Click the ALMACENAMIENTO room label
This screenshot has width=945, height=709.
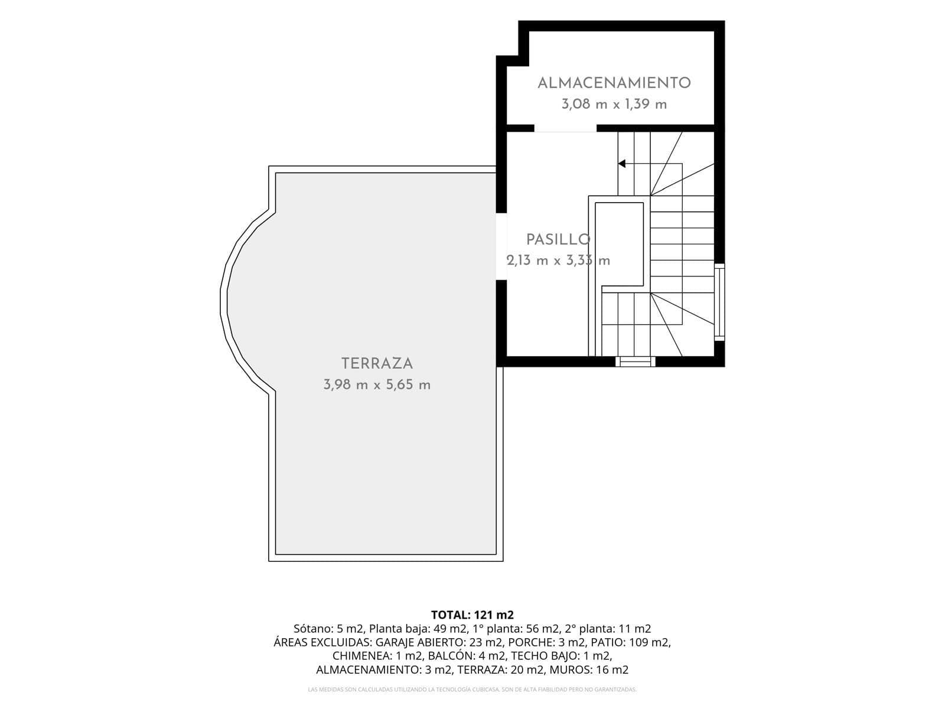pos(614,83)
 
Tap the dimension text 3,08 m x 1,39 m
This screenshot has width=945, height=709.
pos(614,104)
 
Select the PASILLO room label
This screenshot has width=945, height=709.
pos(558,239)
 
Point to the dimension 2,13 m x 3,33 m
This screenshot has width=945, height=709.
pos(558,261)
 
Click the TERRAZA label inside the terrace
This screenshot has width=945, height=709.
pos(377,364)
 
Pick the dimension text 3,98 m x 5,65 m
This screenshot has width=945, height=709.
pos(377,385)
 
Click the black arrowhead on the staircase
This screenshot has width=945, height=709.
pos(622,164)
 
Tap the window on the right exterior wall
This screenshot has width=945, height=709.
pos(719,302)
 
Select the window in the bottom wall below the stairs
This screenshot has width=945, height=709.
pos(635,362)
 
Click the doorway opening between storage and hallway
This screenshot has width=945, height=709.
pos(565,128)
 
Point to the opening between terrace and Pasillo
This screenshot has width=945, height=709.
pos(501,246)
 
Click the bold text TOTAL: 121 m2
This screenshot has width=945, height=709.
pos(472,614)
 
